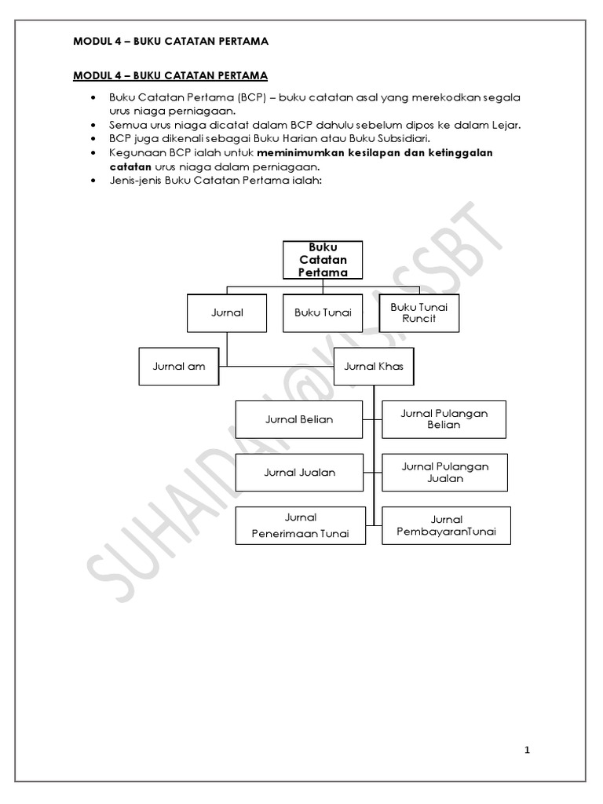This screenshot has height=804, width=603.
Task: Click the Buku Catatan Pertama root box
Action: coord(323,260)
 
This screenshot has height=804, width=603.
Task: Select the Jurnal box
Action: coord(227,312)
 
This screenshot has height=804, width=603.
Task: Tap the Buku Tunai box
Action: coord(323,312)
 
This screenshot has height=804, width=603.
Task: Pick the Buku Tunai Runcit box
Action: coord(418,312)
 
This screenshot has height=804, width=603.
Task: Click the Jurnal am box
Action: coord(178,366)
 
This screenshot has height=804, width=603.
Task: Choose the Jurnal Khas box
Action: coord(373,366)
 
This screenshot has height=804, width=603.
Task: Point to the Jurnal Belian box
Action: coord(299,419)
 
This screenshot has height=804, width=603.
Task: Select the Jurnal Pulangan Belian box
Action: coord(444,419)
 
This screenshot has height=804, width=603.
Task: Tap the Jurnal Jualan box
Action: coord(299,473)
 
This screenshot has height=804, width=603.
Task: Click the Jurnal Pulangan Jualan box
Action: coord(444,473)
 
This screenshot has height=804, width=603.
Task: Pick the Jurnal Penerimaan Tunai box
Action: coord(301,526)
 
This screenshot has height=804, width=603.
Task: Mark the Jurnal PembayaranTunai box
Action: coord(446,526)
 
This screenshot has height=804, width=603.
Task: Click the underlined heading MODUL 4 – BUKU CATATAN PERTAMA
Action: coord(170,75)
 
